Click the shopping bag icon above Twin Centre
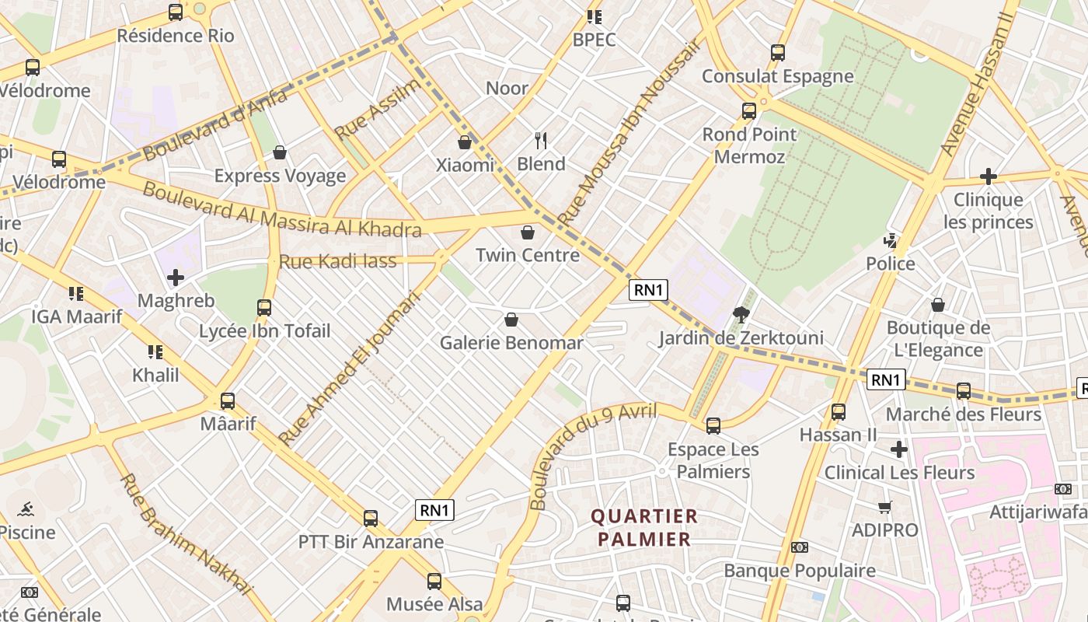coord(528,232)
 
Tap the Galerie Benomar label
coord(511,343)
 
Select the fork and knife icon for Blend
coord(541,141)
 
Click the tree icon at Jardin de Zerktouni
coord(741,315)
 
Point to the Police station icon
coord(891,241)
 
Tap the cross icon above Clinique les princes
coord(988,176)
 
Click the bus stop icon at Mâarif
coord(228,401)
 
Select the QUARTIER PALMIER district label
coord(644,527)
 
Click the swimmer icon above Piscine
coord(26,510)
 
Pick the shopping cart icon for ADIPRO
coord(884,508)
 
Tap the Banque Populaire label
coord(800,571)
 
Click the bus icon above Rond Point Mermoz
coord(749,111)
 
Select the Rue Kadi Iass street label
coord(337,261)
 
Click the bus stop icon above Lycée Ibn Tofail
coord(264,308)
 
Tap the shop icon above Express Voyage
coord(280,152)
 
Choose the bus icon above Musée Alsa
coord(434,582)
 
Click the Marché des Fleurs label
coord(963,414)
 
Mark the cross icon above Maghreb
coord(176,277)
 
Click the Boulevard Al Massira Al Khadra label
coord(282,210)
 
